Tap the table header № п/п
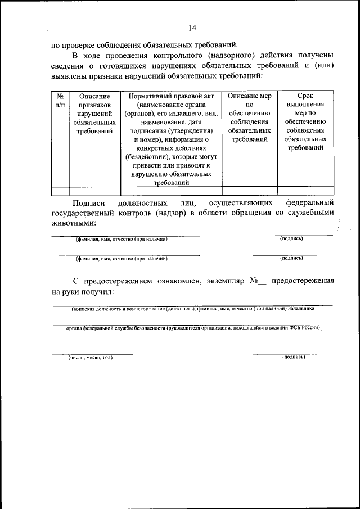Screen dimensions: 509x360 tap(60, 101)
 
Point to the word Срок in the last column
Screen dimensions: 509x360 tap(305, 96)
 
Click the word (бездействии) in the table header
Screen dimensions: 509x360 tap(145, 157)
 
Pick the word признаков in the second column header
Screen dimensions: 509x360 tap(94, 105)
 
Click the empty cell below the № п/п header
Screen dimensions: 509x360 tap(60, 191)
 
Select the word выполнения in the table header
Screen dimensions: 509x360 tap(305, 105)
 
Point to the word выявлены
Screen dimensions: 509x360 tap(70, 76)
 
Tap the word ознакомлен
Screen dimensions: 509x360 tap(170, 280)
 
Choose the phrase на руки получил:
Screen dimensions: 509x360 tap(83, 292)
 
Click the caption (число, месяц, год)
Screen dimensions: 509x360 tap(91, 358)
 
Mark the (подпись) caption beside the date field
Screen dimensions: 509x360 tap(293, 357)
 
